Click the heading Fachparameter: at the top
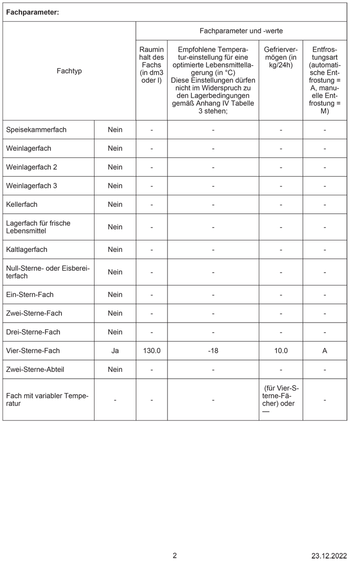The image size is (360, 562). point(32,12)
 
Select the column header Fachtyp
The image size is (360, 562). point(69,71)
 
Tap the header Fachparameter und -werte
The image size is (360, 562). point(241,31)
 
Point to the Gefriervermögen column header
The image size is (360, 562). point(281,57)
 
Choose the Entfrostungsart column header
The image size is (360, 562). point(324,80)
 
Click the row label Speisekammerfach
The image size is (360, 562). point(36,130)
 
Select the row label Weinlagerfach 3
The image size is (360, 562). point(32,186)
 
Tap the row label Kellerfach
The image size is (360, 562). point(22,204)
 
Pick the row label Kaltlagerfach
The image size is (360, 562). point(27,250)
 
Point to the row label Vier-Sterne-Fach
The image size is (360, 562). point(33,351)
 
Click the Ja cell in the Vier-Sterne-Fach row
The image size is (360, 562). point(115,351)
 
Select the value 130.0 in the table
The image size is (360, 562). point(152,351)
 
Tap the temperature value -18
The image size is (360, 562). point(213,351)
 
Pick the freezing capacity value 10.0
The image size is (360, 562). point(281,351)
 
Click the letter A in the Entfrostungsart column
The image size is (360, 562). point(325,351)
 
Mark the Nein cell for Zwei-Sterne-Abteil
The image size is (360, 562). point(115,370)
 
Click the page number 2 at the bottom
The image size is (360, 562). point(175,555)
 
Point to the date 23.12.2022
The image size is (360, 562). point(328,556)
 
